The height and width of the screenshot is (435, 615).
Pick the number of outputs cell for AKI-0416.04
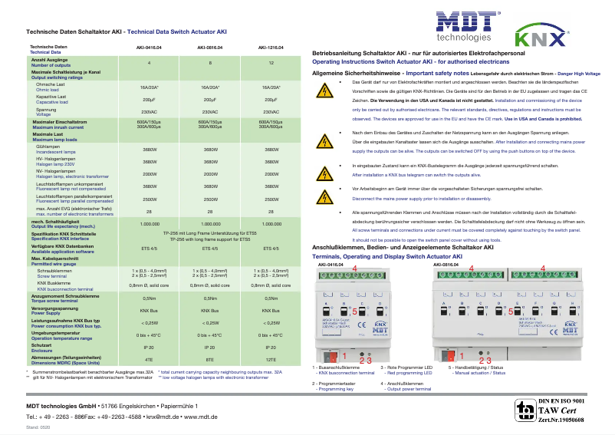pyautogui.click(x=149, y=61)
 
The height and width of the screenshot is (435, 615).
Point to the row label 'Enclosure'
pyautogui.click(x=43, y=349)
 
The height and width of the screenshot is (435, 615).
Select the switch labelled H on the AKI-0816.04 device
pyautogui.click(x=569, y=313)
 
